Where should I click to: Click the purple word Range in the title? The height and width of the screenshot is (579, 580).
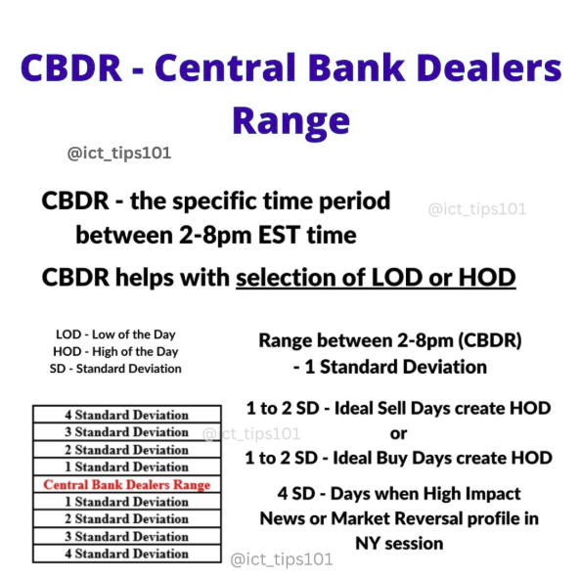(291, 121)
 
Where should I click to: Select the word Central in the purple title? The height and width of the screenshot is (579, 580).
(226, 68)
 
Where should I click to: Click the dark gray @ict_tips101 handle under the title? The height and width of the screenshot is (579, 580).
(119, 153)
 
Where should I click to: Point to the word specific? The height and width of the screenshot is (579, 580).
(214, 201)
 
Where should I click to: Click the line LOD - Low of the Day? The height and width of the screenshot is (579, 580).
(115, 334)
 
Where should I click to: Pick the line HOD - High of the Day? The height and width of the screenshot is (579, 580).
(115, 351)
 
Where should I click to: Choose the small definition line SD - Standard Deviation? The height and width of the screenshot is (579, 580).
(115, 369)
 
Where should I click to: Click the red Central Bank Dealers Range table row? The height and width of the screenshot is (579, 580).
(127, 485)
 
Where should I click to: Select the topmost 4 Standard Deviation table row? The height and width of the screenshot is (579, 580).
(127, 415)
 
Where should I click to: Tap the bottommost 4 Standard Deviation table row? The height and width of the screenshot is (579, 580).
(127, 554)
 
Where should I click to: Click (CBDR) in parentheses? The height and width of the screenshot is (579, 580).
(490, 340)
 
